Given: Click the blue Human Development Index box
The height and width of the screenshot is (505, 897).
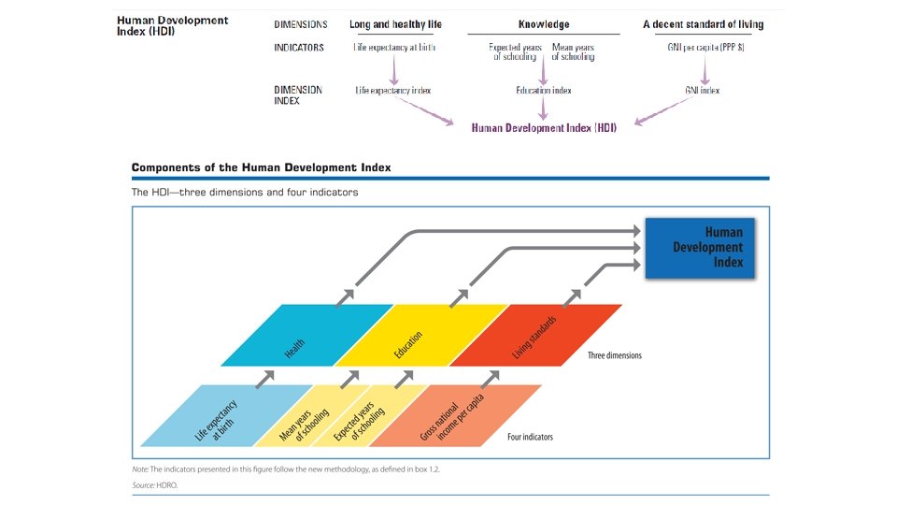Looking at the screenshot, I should click(700, 248).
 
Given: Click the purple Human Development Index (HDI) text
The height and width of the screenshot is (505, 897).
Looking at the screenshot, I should click(544, 127).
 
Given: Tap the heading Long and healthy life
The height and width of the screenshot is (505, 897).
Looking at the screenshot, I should click(395, 24).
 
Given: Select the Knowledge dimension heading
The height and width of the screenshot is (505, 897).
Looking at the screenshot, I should click(544, 24).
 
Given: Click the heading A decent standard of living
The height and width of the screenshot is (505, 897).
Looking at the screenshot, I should click(703, 24).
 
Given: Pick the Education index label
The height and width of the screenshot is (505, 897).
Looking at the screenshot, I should click(544, 91).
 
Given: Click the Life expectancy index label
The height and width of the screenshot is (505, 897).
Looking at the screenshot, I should click(393, 91).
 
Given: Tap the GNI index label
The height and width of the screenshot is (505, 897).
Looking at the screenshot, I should click(703, 91).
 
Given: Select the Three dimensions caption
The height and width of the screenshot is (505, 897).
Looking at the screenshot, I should click(615, 356).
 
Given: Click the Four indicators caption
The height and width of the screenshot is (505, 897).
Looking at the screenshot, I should click(530, 437).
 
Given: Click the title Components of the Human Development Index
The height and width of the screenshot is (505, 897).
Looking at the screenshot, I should click(261, 167).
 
